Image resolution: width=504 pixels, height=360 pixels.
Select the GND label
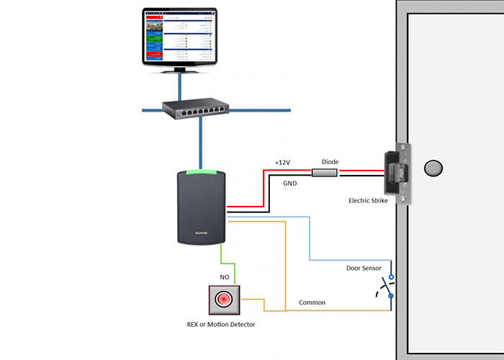[289, 184]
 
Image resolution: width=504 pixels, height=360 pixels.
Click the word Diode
[330, 162]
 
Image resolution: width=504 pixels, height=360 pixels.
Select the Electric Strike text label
[368, 201]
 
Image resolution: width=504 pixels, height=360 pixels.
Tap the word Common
[312, 302]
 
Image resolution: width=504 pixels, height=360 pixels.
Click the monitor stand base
[179, 68]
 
